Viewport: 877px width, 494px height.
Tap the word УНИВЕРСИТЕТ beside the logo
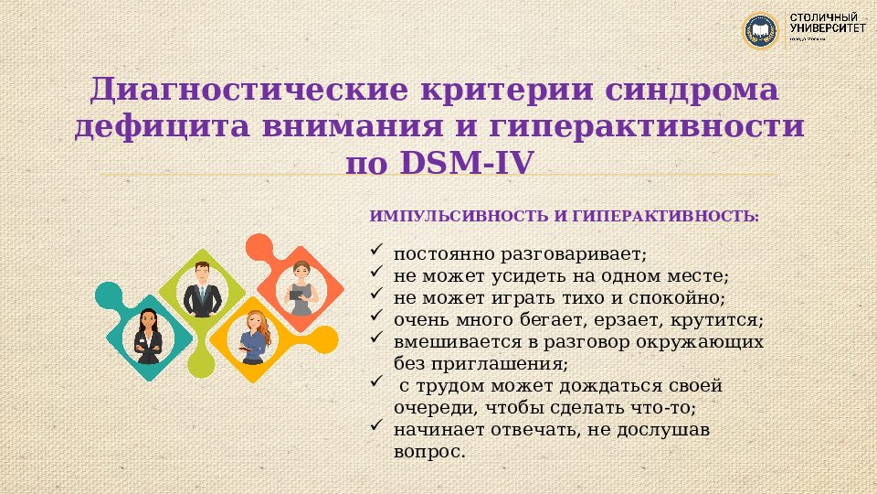829,28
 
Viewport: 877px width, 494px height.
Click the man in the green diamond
202,288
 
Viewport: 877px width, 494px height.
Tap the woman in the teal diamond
147,336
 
